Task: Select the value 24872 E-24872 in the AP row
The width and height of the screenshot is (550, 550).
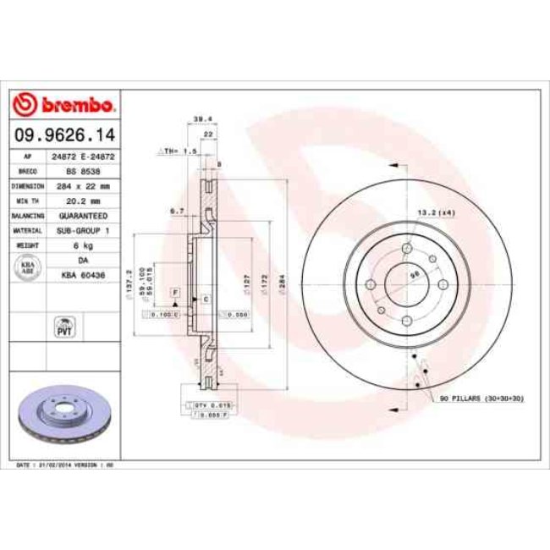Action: click(x=82, y=157)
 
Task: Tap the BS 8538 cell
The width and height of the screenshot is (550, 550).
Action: click(x=82, y=170)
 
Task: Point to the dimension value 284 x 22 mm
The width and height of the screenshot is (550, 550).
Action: click(x=82, y=184)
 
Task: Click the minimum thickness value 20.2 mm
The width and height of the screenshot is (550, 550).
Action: click(x=82, y=201)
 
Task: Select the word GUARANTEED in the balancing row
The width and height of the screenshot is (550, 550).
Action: click(x=82, y=216)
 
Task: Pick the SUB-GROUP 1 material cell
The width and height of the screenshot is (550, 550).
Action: click(x=82, y=230)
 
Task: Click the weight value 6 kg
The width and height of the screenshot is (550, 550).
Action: click(x=82, y=245)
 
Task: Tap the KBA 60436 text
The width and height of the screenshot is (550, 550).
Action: click(x=82, y=274)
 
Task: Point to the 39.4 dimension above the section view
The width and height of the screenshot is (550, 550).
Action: click(x=202, y=119)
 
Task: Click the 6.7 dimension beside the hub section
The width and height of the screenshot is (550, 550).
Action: click(x=176, y=211)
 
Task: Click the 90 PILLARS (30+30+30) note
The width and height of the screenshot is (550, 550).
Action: click(x=481, y=397)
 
